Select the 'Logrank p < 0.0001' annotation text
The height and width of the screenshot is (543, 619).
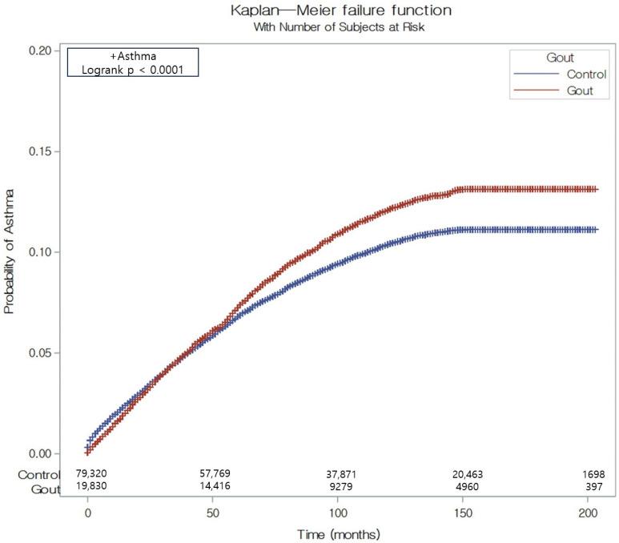pyautogui.click(x=131, y=70)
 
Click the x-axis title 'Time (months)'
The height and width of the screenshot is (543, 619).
pyautogui.click(x=337, y=533)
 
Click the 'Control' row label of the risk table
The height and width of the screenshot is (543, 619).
pyautogui.click(x=39, y=474)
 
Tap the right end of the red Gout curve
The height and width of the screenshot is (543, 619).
pyautogui.click(x=597, y=189)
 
